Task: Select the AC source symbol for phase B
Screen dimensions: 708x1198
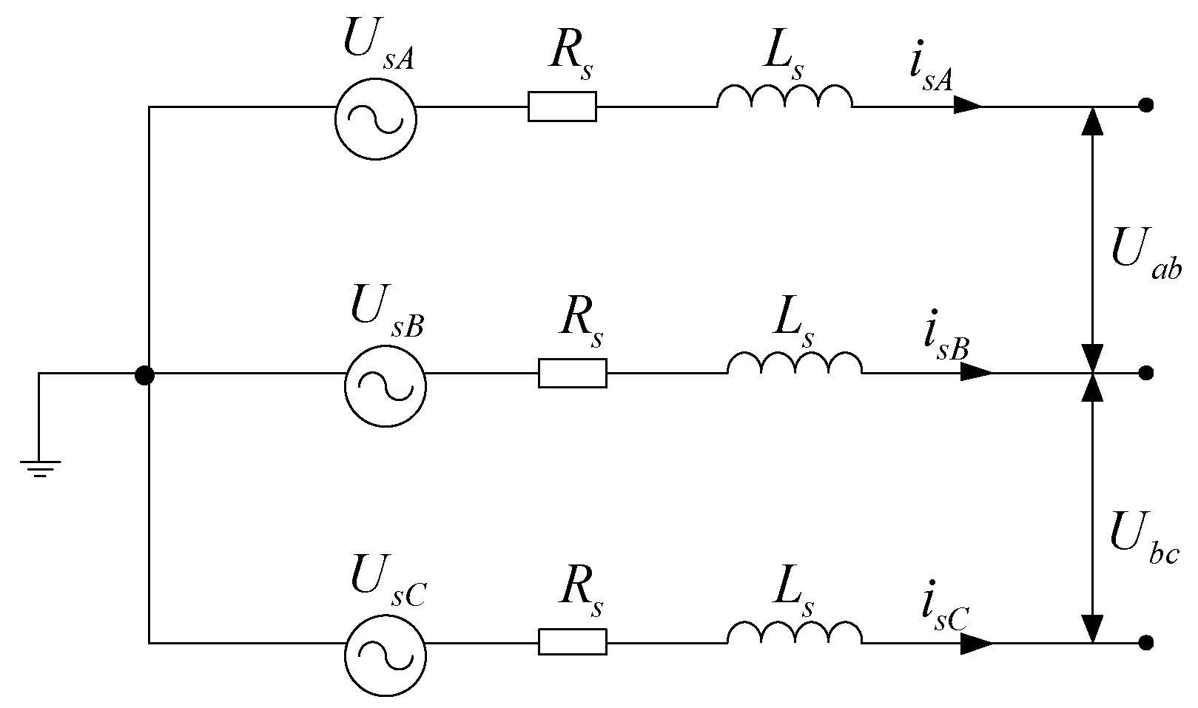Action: [385, 386]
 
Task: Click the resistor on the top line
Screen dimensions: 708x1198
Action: [562, 107]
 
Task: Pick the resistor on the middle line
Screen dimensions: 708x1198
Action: [572, 373]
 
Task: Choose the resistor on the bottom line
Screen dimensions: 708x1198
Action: [572, 642]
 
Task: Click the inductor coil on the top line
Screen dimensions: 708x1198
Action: [784, 98]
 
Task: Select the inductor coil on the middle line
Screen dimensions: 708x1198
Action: [794, 364]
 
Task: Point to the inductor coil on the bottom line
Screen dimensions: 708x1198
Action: [794, 633]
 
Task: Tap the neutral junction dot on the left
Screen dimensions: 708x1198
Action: [145, 375]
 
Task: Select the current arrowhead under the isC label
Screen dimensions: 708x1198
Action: [977, 643]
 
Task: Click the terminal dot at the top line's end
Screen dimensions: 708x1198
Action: [1146, 106]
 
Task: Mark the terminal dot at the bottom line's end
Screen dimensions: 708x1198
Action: [1146, 643]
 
